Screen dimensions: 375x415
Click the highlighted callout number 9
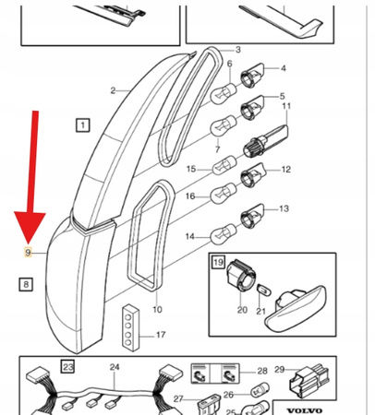[x=28, y=253]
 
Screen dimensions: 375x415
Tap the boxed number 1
[x=83, y=125]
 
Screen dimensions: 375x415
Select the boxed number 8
[x=26, y=284]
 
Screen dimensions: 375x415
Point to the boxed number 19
[x=218, y=262]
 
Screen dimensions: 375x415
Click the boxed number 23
[x=67, y=366]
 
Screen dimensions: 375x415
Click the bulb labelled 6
[x=224, y=93]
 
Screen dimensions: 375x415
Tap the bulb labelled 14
[x=224, y=234]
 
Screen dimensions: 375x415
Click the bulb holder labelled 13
[x=252, y=217]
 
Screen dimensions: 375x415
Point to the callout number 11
[x=286, y=106]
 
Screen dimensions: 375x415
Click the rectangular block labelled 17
[x=130, y=327]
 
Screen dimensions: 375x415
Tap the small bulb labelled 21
[x=264, y=290]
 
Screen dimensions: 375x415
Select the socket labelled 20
[x=241, y=276]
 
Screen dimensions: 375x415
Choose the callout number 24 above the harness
[x=115, y=367]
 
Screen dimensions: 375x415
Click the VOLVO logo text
[x=305, y=410]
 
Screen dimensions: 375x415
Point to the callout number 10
[x=157, y=309]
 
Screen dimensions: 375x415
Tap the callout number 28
[x=262, y=371]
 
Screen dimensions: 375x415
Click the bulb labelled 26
[x=260, y=390]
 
